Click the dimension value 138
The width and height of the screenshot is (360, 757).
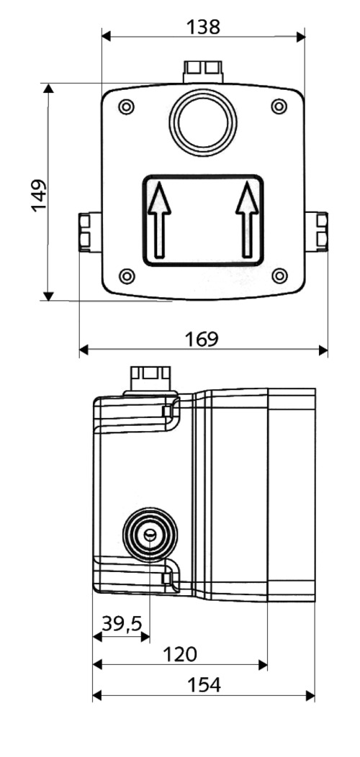pos(202,27)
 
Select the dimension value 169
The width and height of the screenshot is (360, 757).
pos(202,339)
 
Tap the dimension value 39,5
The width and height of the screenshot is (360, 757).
pos(121,624)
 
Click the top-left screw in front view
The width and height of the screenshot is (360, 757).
pos(127,107)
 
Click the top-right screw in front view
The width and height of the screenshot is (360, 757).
pos(279,107)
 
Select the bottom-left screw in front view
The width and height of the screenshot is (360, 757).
pos(127,275)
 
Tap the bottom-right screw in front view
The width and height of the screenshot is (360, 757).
pos(281,275)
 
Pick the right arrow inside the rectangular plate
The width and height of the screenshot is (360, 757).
pos(247,219)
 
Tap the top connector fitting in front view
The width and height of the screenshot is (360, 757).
pos(203,71)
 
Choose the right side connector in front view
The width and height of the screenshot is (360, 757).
pos(317,232)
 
